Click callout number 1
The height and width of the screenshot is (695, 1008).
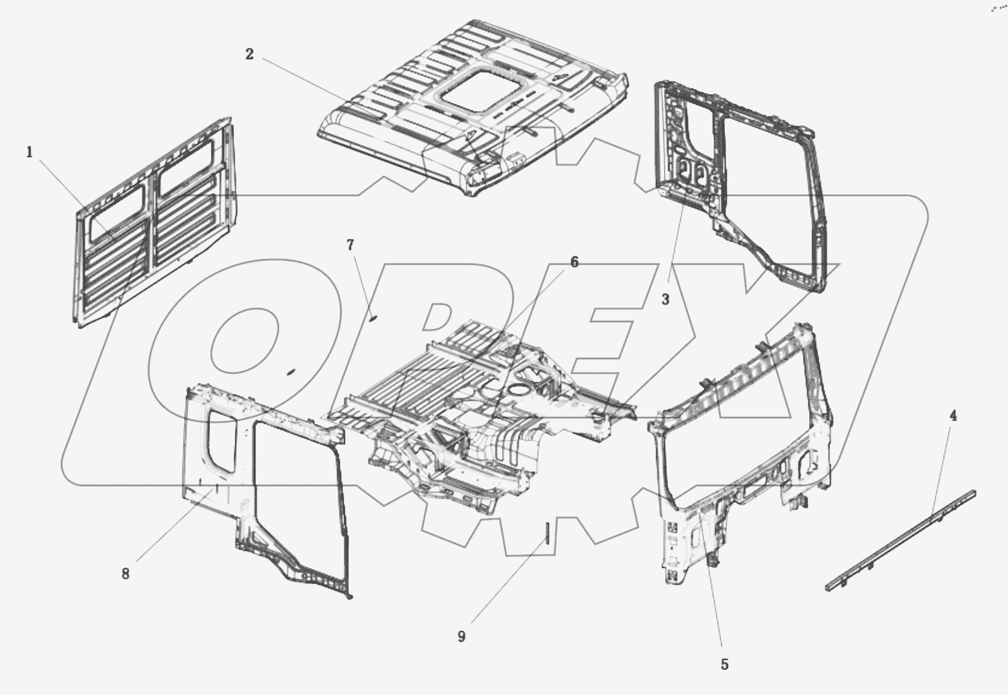[x=29, y=152]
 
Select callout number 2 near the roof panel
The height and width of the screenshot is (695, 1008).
[x=250, y=54]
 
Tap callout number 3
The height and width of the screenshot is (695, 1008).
[x=665, y=299]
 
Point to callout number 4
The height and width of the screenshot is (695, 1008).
[x=953, y=416]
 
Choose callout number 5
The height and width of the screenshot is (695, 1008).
[x=725, y=665]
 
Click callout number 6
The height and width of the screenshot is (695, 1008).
[x=574, y=262]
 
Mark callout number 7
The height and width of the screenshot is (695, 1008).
[x=351, y=245]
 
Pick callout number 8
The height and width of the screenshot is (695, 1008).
[x=125, y=574]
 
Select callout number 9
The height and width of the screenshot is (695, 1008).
[x=462, y=637]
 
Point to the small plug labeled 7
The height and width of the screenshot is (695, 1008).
[x=373, y=316]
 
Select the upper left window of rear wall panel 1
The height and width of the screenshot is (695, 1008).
[x=118, y=212]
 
